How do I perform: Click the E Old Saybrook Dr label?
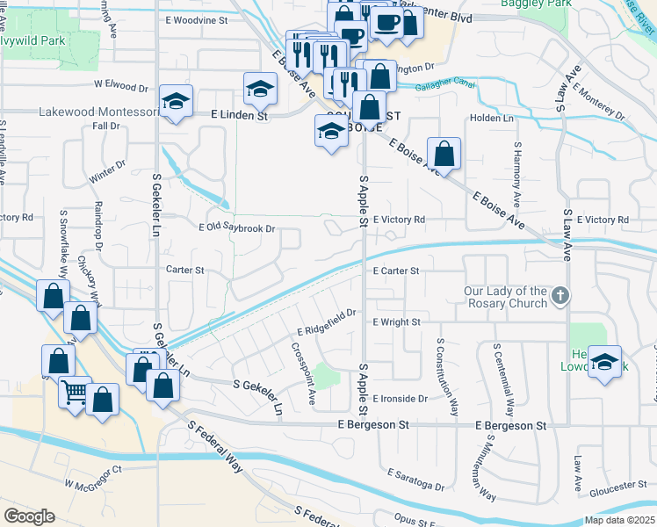(237, 227)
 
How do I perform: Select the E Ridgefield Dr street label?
(325, 321)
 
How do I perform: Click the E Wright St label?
(396, 322)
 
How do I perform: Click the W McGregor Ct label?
(92, 482)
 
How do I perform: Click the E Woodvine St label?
(195, 18)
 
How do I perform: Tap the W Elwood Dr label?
(121, 87)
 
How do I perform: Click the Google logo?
(29, 516)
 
